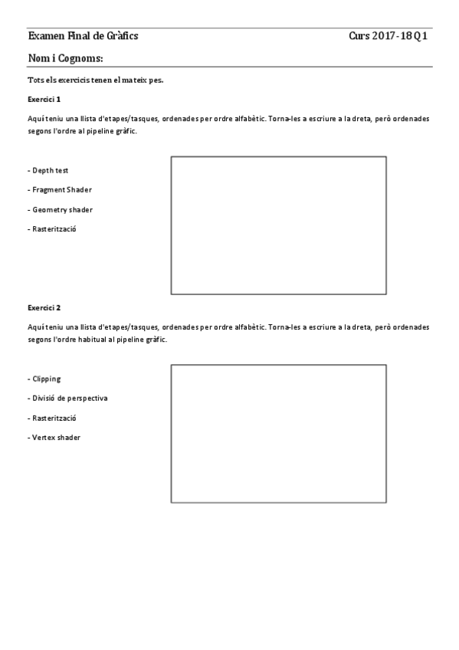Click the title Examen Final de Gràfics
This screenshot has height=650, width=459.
coord(83,36)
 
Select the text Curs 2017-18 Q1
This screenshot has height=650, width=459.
coord(388,36)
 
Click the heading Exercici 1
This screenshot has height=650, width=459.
coord(44,99)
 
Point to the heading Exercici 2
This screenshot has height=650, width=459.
coord(44,307)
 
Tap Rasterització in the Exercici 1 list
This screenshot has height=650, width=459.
coord(51,228)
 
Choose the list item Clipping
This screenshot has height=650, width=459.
coord(46,379)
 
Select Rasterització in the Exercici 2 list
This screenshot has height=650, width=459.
coord(51,419)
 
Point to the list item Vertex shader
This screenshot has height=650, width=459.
coord(54,438)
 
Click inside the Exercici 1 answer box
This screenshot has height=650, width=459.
coord(278,225)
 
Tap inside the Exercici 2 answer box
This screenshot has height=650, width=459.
coord(278,433)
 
